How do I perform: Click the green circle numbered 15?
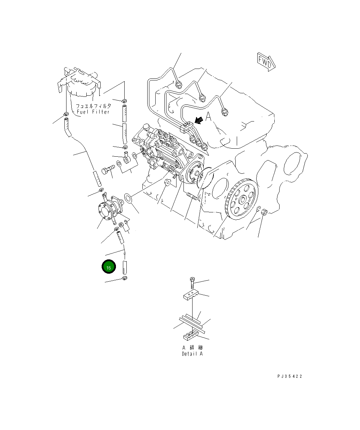click(x=108, y=267)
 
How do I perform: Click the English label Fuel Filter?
click(x=93, y=112)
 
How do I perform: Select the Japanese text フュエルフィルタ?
click(x=94, y=106)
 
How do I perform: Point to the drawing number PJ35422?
click(x=290, y=376)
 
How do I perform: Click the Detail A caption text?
click(x=192, y=354)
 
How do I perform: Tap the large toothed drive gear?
click(x=240, y=199)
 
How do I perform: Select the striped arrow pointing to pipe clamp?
click(x=199, y=120)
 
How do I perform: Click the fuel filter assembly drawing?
click(x=80, y=84)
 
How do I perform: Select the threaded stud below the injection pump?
click(x=192, y=197)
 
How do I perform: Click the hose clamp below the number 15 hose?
click(x=124, y=278)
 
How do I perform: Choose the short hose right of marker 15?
click(x=125, y=267)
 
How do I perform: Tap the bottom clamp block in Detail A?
click(x=190, y=335)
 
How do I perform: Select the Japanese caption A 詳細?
click(x=192, y=347)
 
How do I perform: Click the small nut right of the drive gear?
click(x=264, y=211)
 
